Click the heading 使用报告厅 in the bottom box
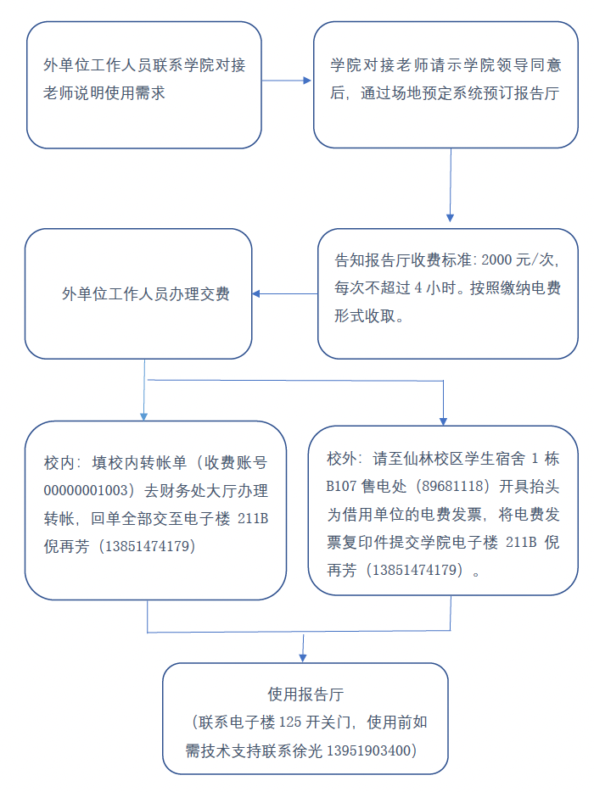(x=305, y=694)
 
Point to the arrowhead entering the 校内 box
(x=144, y=416)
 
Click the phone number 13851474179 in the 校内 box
(x=146, y=546)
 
